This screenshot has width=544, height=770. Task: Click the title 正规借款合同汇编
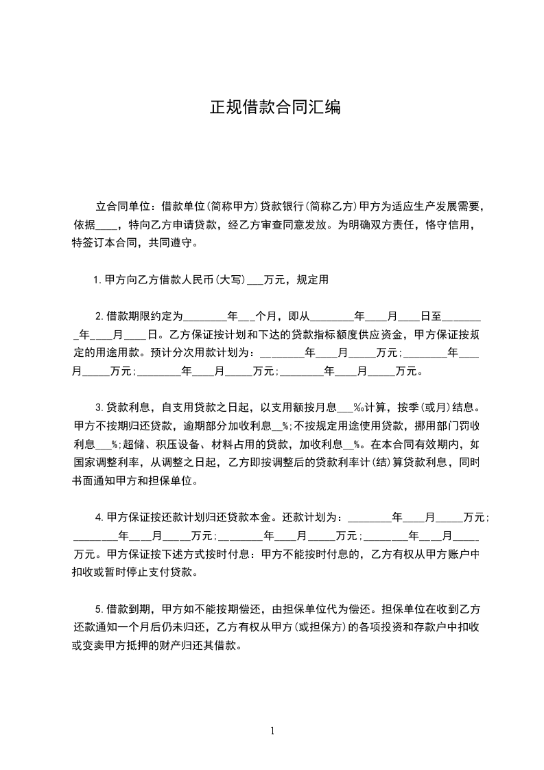coord(274,108)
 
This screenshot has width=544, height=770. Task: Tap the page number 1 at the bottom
coord(272,731)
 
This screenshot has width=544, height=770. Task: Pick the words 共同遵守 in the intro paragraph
coord(166,242)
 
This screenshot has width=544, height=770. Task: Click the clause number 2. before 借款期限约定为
coord(99,316)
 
